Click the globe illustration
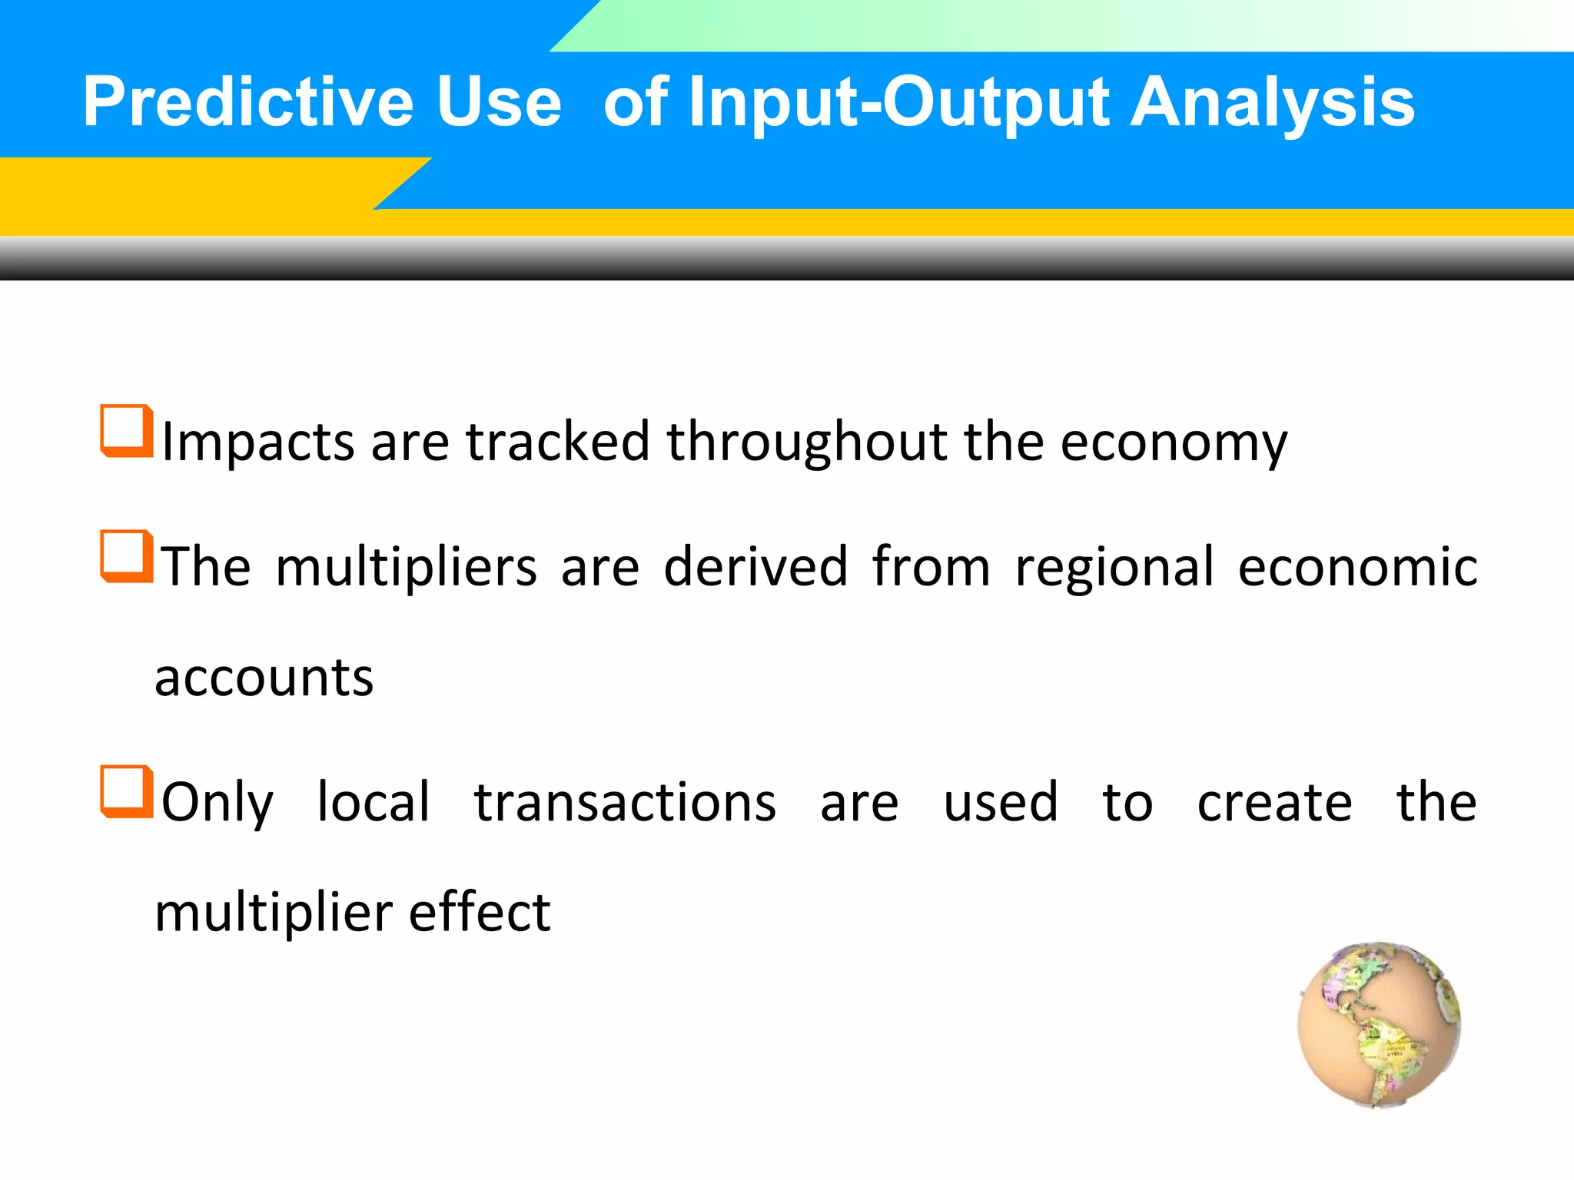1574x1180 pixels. pyautogui.click(x=1379, y=1025)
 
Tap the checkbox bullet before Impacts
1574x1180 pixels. pyautogui.click(x=125, y=430)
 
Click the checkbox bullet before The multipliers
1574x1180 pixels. pyautogui.click(x=125, y=555)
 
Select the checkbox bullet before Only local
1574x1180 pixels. pyautogui.click(x=125, y=791)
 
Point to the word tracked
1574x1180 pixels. pyautogui.click(x=558, y=442)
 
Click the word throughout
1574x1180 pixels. pyautogui.click(x=806, y=442)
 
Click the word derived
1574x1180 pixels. pyautogui.click(x=755, y=567)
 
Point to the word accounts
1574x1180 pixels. pyautogui.click(x=264, y=679)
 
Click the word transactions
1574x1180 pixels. pyautogui.click(x=625, y=803)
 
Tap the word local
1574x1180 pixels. pyautogui.click(x=374, y=803)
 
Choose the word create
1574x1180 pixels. pyautogui.click(x=1274, y=803)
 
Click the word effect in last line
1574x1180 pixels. pyautogui.click(x=479, y=913)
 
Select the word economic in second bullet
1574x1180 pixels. pyautogui.click(x=1357, y=567)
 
